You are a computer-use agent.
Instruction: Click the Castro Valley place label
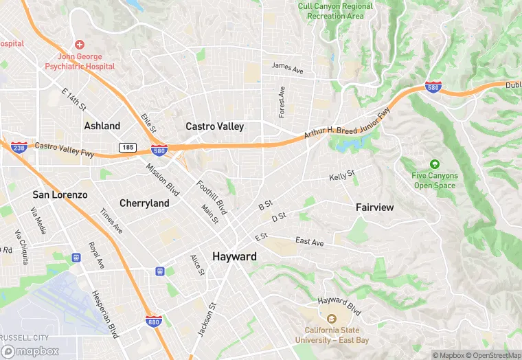tap(214, 126)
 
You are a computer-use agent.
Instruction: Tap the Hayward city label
tap(234, 256)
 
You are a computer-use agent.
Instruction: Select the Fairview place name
tap(375, 207)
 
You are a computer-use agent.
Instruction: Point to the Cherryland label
tap(144, 203)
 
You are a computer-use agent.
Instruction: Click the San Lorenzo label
tap(60, 195)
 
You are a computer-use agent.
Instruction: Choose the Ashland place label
tap(102, 126)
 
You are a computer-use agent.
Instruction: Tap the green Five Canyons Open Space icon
tap(434, 164)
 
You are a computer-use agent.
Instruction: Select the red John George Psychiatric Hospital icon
tap(80, 44)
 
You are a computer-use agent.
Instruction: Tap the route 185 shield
tap(127, 147)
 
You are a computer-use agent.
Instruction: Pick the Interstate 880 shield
tap(154, 322)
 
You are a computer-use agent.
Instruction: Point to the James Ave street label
tap(287, 68)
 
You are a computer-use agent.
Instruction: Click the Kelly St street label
tap(341, 177)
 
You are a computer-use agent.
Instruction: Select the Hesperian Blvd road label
tap(104, 314)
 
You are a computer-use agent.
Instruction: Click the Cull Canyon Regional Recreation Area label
tap(336, 10)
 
